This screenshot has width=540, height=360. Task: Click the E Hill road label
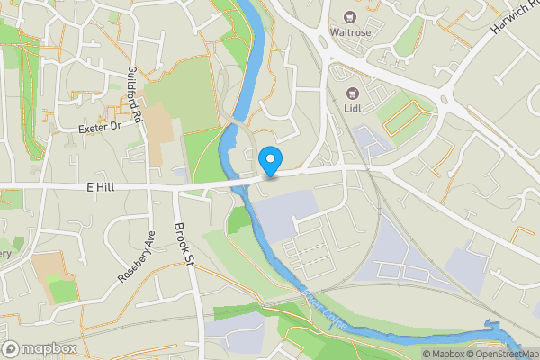[x=102, y=186]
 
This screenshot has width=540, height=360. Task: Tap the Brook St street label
[x=184, y=242]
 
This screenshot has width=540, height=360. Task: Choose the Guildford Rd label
[x=136, y=94]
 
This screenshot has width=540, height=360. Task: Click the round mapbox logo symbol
[x=12, y=348]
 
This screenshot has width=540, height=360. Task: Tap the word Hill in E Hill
[x=108, y=186]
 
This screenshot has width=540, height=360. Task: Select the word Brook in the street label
[x=181, y=233]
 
